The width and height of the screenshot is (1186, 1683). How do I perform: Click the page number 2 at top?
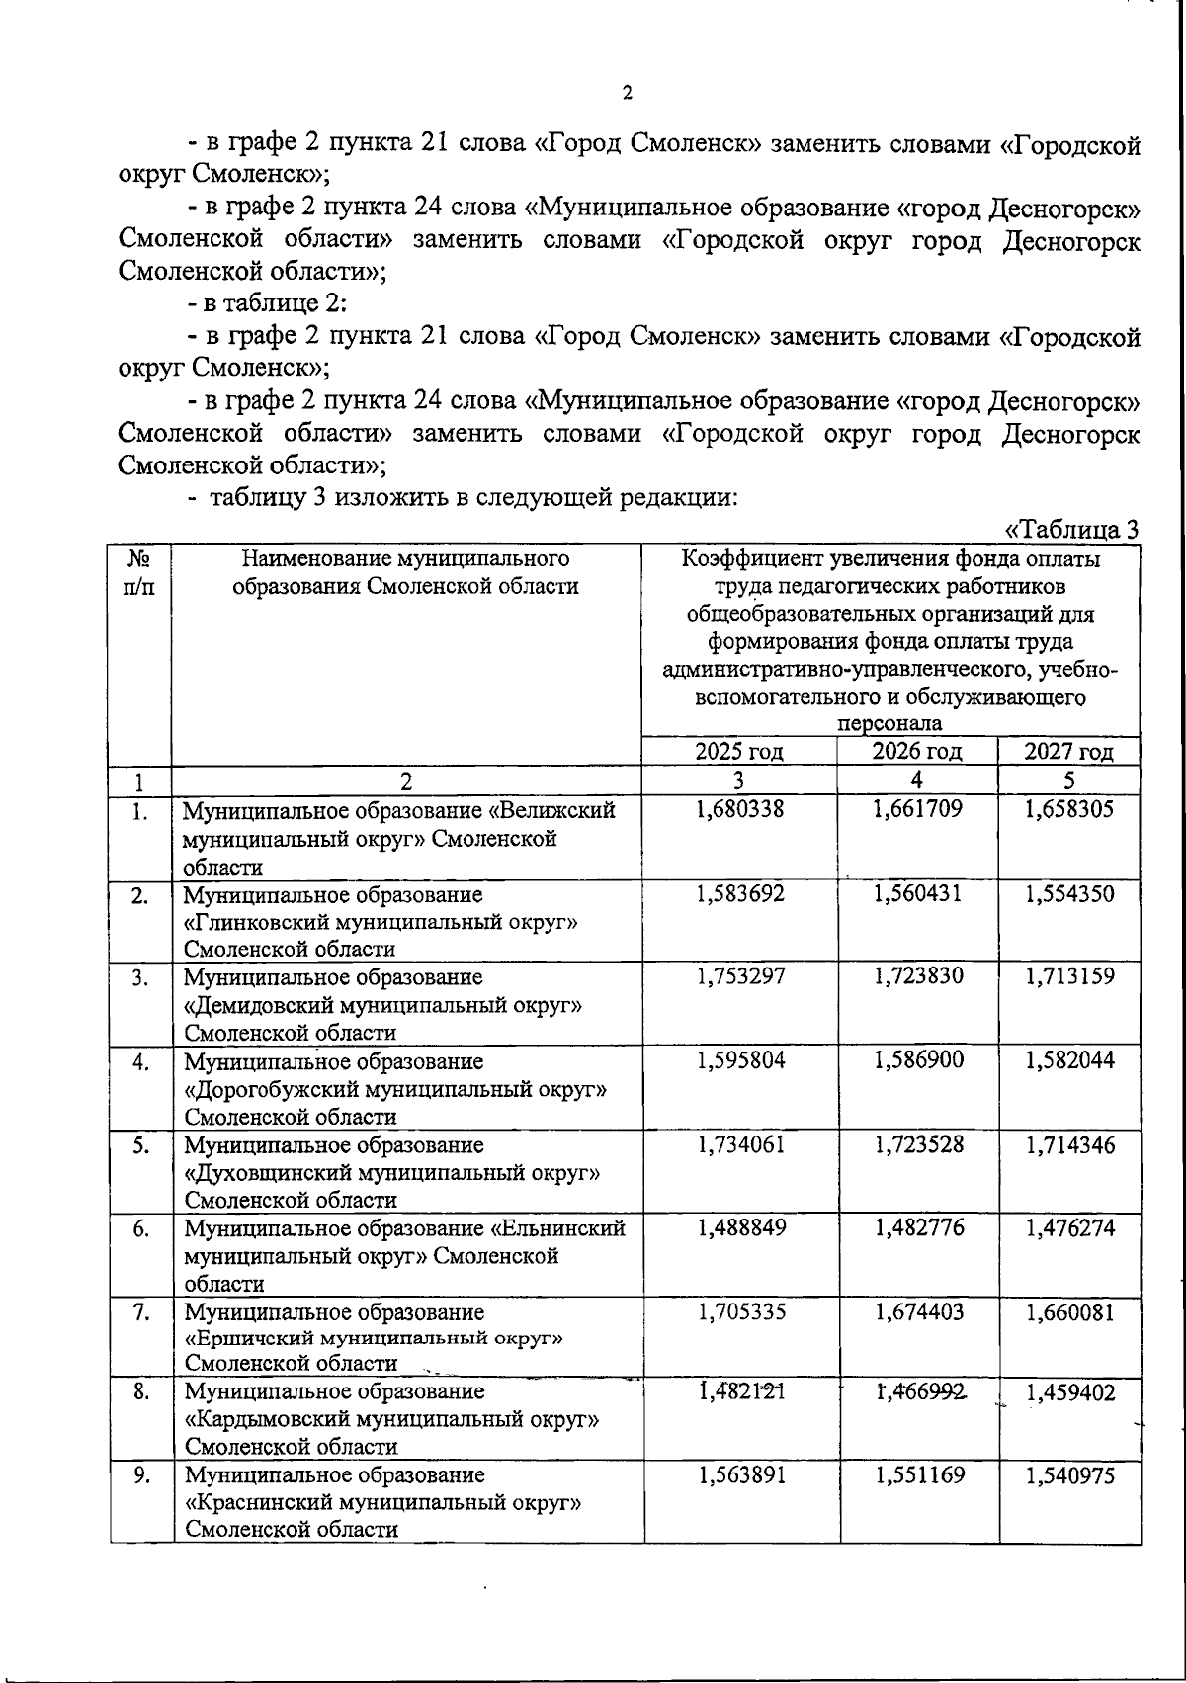click(x=627, y=94)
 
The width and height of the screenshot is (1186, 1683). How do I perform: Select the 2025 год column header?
click(x=739, y=751)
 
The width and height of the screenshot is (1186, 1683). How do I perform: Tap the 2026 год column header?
click(x=917, y=751)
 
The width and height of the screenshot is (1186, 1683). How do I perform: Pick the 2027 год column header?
click(x=1069, y=751)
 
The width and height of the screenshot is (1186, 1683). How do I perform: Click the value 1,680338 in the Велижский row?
click(x=740, y=810)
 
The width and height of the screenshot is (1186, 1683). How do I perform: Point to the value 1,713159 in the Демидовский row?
click(x=1070, y=977)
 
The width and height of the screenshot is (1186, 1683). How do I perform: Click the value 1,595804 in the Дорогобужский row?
click(x=740, y=1060)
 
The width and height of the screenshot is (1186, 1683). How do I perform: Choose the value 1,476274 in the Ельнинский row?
click(x=1070, y=1228)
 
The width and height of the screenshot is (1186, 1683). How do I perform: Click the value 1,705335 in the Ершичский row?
click(x=740, y=1312)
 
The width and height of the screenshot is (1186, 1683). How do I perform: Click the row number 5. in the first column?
click(x=141, y=1145)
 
